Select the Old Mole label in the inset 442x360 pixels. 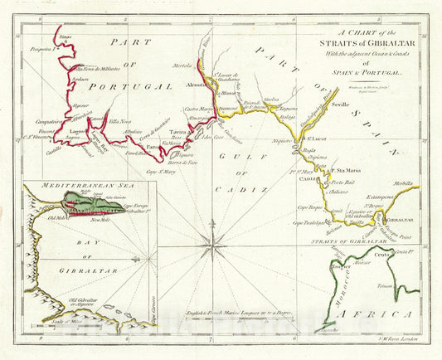(61, 218)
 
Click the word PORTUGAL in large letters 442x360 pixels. (129, 85)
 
